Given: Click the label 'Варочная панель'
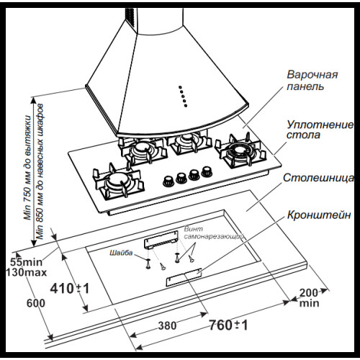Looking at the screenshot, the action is [312, 81].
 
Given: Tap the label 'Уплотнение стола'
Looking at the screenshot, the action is [320, 130].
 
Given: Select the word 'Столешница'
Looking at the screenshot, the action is [318, 178].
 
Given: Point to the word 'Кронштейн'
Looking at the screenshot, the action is [319, 215].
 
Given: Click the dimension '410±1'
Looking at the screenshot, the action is [70, 288].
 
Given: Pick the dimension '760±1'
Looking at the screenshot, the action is [228, 325].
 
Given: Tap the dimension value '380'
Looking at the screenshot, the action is [168, 325].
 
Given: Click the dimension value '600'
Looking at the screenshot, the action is [36, 303].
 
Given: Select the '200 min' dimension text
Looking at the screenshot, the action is [309, 298].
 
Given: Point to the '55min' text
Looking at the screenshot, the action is [27, 262].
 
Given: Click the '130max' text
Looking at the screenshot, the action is [26, 272].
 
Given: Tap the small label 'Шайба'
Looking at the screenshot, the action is [121, 253].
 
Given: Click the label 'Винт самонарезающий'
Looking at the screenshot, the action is [214, 233].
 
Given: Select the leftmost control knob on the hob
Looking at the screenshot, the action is [168, 181].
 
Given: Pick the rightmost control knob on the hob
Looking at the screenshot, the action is [207, 171].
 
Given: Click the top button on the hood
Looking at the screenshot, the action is [180, 87].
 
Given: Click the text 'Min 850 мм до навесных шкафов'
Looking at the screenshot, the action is [40, 171].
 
